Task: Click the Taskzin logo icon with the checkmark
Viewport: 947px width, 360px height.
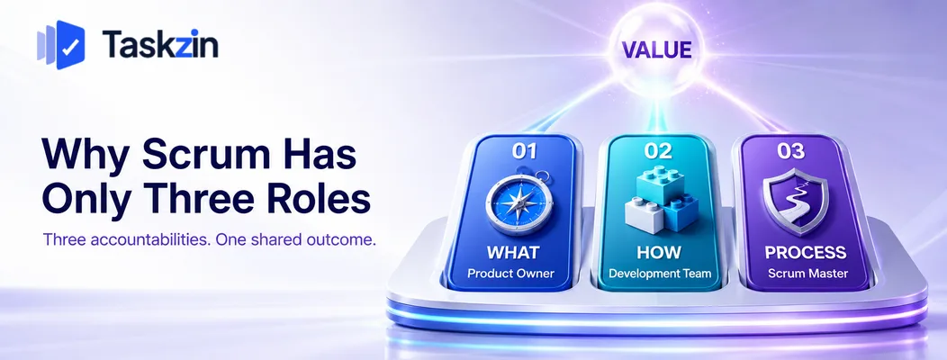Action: (61, 45)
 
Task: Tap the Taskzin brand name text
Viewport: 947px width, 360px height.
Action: (160, 45)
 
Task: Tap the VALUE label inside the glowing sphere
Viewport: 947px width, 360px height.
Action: (656, 49)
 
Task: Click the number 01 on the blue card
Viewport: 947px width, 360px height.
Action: (524, 151)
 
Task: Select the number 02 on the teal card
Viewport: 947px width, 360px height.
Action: (658, 151)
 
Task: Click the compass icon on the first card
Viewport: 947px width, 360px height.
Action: (519, 202)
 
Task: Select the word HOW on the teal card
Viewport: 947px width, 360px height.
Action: (658, 252)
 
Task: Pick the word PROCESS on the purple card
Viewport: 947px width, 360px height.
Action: (806, 252)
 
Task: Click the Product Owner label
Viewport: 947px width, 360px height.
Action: (511, 273)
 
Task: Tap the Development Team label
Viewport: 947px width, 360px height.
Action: (660, 273)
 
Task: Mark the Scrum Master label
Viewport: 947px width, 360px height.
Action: (808, 273)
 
